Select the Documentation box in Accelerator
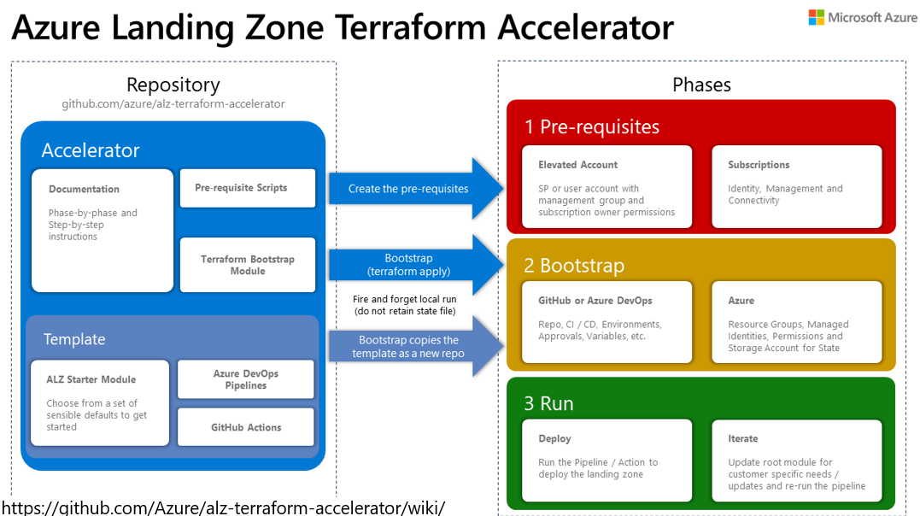click(103, 231)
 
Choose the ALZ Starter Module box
click(98, 402)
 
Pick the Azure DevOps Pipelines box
click(246, 379)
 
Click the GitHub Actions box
click(246, 427)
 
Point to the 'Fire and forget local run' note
click(406, 305)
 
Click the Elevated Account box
click(606, 187)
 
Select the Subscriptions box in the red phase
click(796, 187)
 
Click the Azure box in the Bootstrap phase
click(796, 323)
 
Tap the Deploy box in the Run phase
click(606, 460)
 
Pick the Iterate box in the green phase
click(796, 460)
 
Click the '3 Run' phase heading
click(548, 403)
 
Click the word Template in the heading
click(74, 339)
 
